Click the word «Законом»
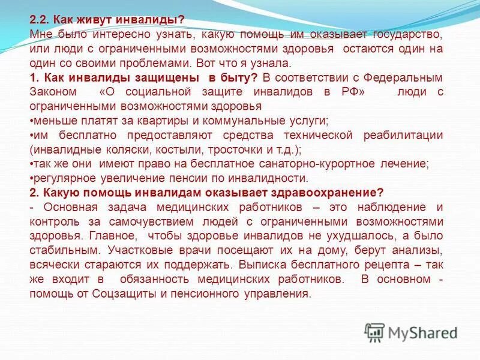tap(53, 92)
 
